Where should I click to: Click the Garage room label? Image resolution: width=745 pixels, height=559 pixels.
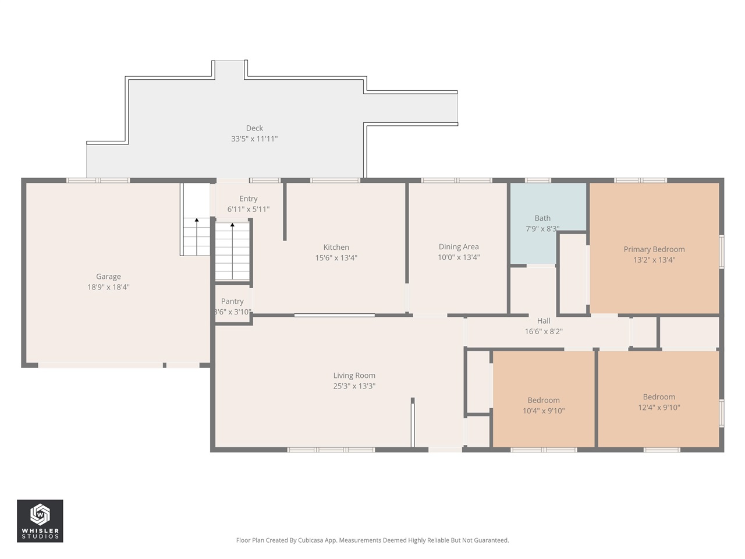(x=108, y=277)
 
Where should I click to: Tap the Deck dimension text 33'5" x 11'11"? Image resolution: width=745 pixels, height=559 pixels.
(x=254, y=139)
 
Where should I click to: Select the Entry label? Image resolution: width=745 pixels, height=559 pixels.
(x=249, y=199)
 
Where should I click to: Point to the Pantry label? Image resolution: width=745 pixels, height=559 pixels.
(x=232, y=301)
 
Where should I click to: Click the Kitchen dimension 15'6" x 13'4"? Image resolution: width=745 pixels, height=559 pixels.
(x=336, y=258)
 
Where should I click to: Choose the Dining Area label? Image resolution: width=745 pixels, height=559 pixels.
(x=459, y=247)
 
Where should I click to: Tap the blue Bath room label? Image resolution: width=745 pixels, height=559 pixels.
(x=542, y=218)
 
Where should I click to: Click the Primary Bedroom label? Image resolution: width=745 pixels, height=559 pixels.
(x=654, y=249)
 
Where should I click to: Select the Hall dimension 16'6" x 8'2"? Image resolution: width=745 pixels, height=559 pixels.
(x=544, y=332)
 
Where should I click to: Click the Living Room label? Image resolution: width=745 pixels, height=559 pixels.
(x=354, y=376)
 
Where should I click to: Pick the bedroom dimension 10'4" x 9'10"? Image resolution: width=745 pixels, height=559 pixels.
(x=544, y=411)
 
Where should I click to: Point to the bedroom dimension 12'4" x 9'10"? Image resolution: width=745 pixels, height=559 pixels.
(x=659, y=408)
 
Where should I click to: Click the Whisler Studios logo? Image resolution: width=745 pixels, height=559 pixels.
(x=40, y=521)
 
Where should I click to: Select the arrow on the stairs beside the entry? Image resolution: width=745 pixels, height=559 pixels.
(x=232, y=225)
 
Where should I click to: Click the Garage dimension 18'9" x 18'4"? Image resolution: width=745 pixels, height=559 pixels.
(x=108, y=287)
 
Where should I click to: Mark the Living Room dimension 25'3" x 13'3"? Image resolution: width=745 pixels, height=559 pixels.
(x=354, y=386)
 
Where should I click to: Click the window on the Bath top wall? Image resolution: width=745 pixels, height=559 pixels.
(x=538, y=181)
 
